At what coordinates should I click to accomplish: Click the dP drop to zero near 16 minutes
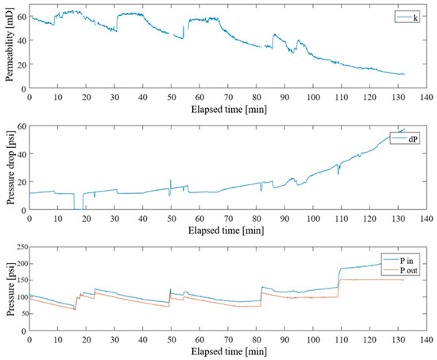(x=76, y=208)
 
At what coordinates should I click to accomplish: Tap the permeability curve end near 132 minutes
(x=404, y=75)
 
